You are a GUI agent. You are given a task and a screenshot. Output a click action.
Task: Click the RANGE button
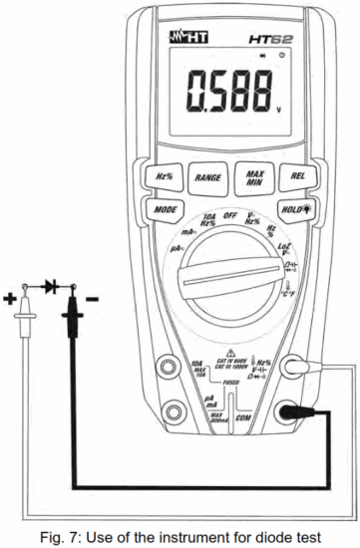click(x=208, y=177)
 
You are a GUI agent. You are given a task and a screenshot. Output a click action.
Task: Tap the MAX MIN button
click(x=253, y=177)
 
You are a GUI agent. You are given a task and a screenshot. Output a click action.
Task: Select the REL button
click(x=296, y=177)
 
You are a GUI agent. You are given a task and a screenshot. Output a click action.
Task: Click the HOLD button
click(x=294, y=210)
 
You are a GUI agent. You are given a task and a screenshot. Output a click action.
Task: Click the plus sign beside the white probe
click(x=11, y=298)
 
